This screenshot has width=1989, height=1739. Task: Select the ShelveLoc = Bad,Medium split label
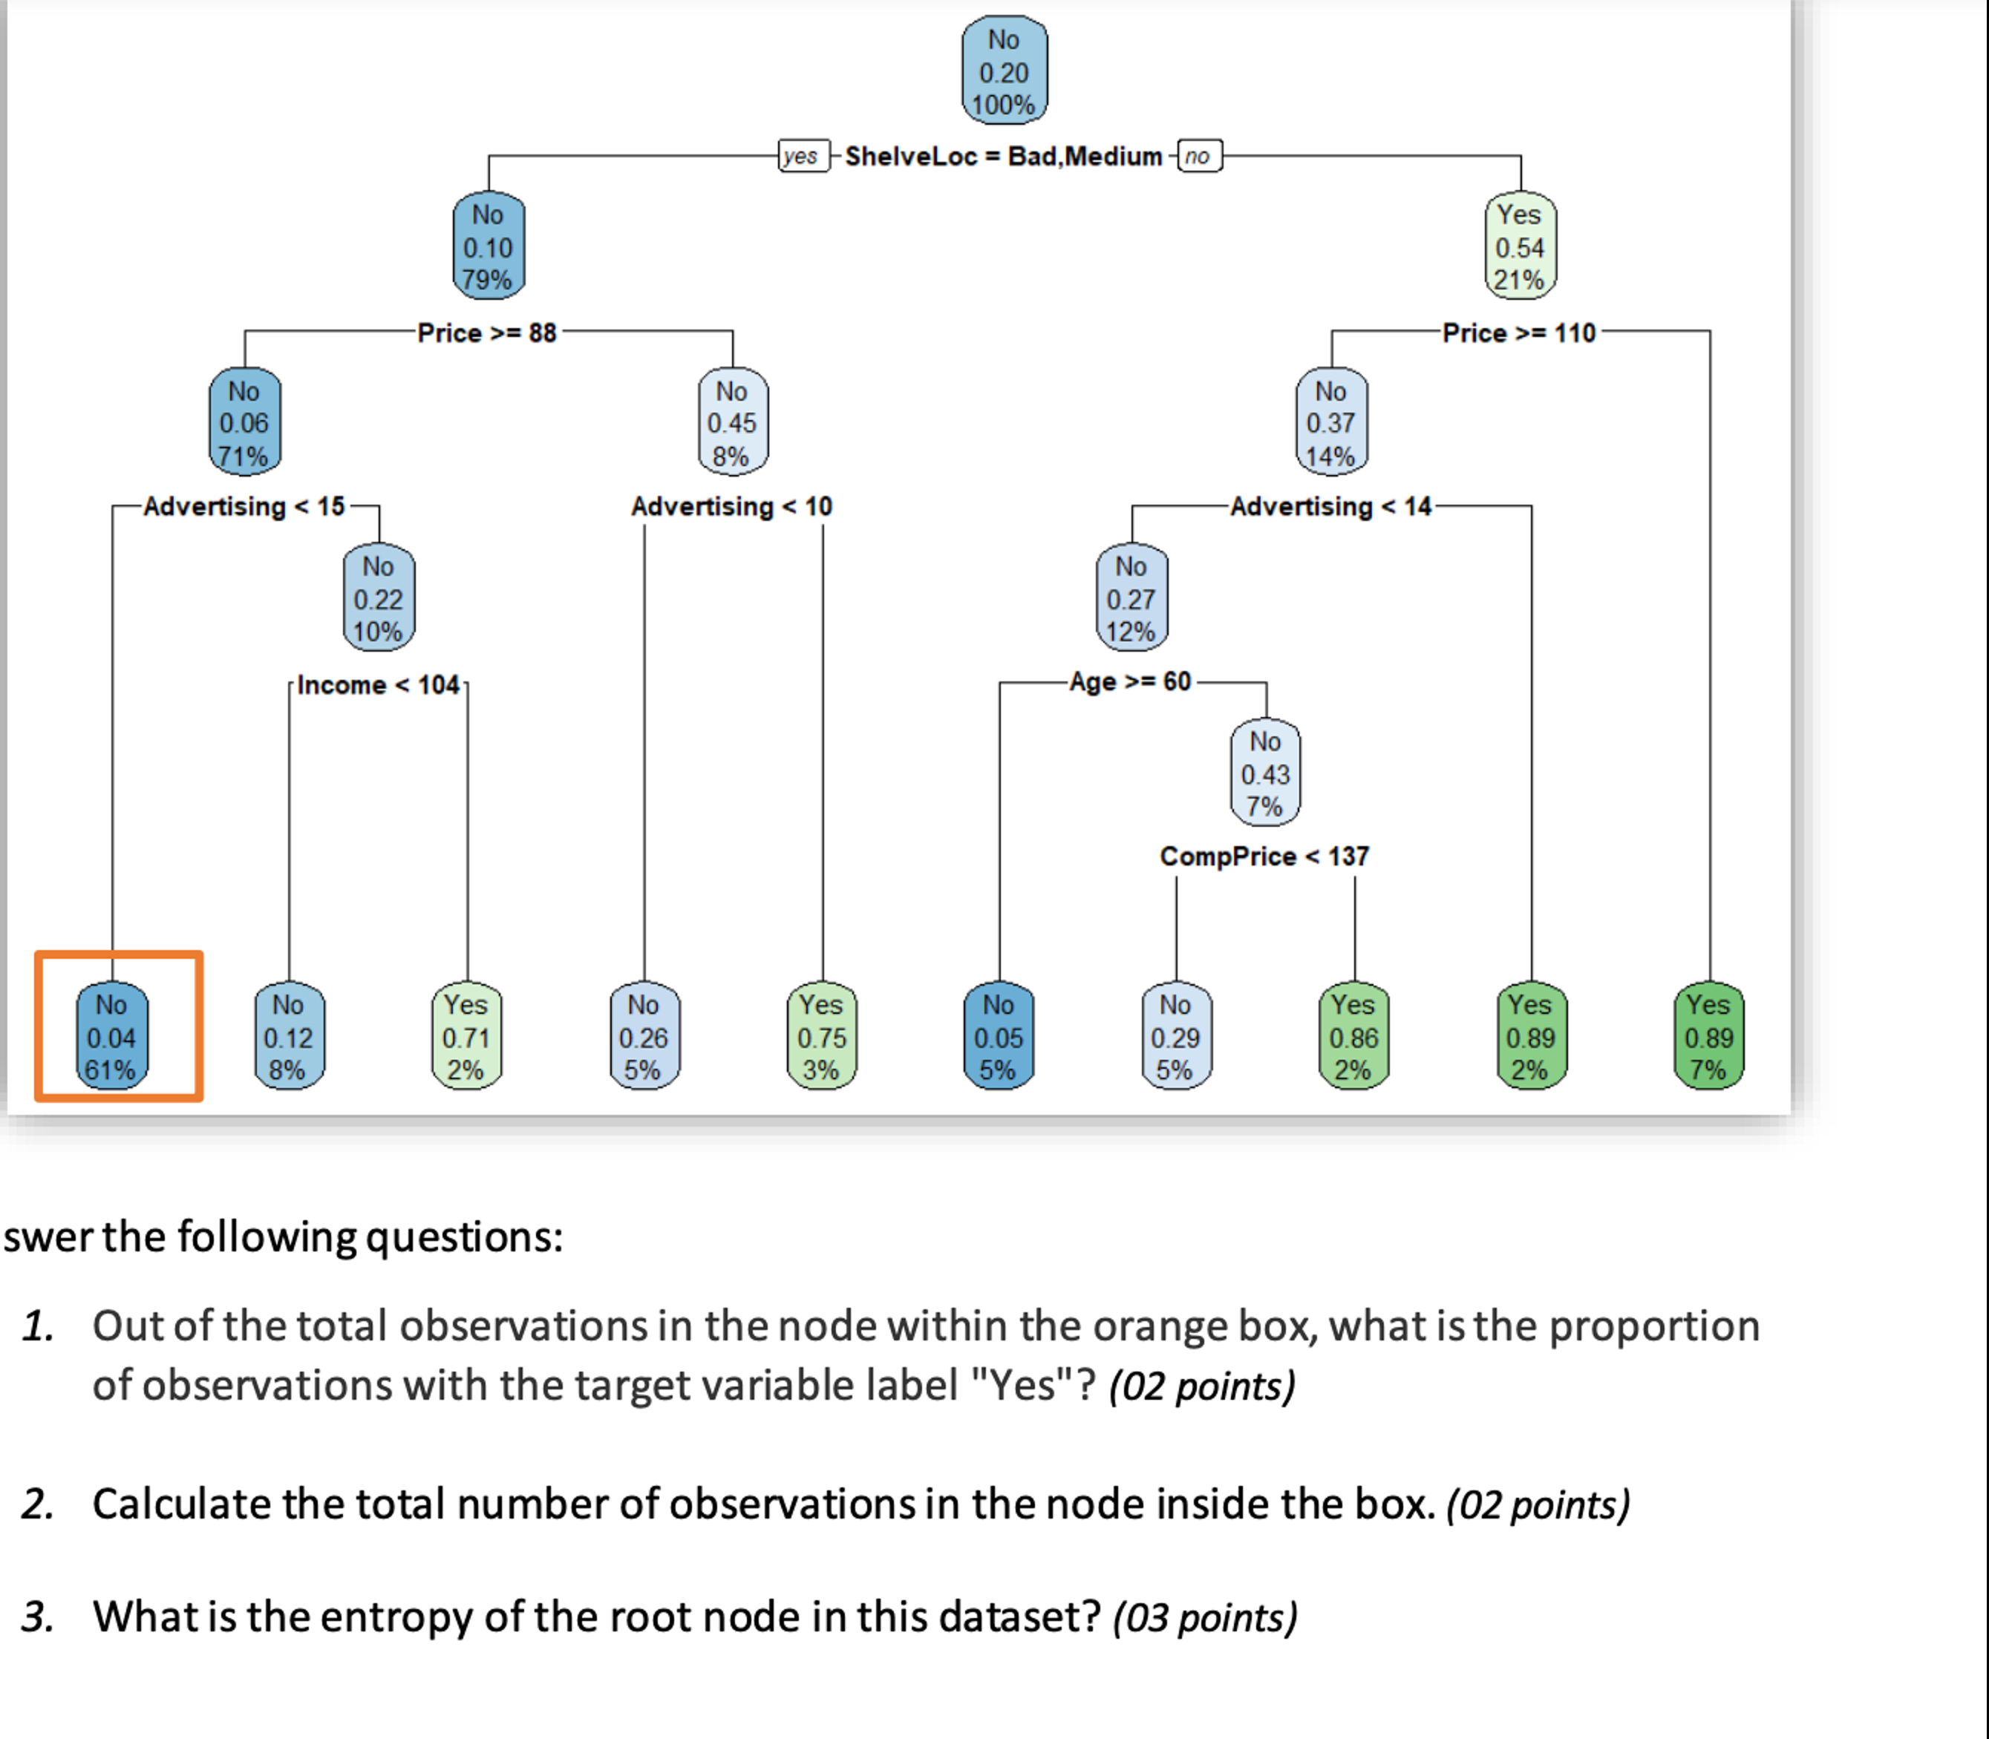[1003, 157]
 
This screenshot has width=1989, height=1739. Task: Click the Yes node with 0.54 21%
[1519, 246]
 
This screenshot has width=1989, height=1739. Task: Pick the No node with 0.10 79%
[489, 246]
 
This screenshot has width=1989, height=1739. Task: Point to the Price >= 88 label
[487, 333]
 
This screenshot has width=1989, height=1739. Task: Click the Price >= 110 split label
[1518, 333]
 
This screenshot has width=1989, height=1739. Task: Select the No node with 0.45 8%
[732, 423]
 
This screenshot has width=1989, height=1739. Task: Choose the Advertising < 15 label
[244, 507]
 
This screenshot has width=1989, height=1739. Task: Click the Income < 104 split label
[378, 685]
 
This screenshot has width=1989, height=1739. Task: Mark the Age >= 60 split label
[1130, 681]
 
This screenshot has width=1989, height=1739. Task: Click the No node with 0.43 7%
[1265, 773]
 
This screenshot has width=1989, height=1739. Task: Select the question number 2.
[38, 1504]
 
